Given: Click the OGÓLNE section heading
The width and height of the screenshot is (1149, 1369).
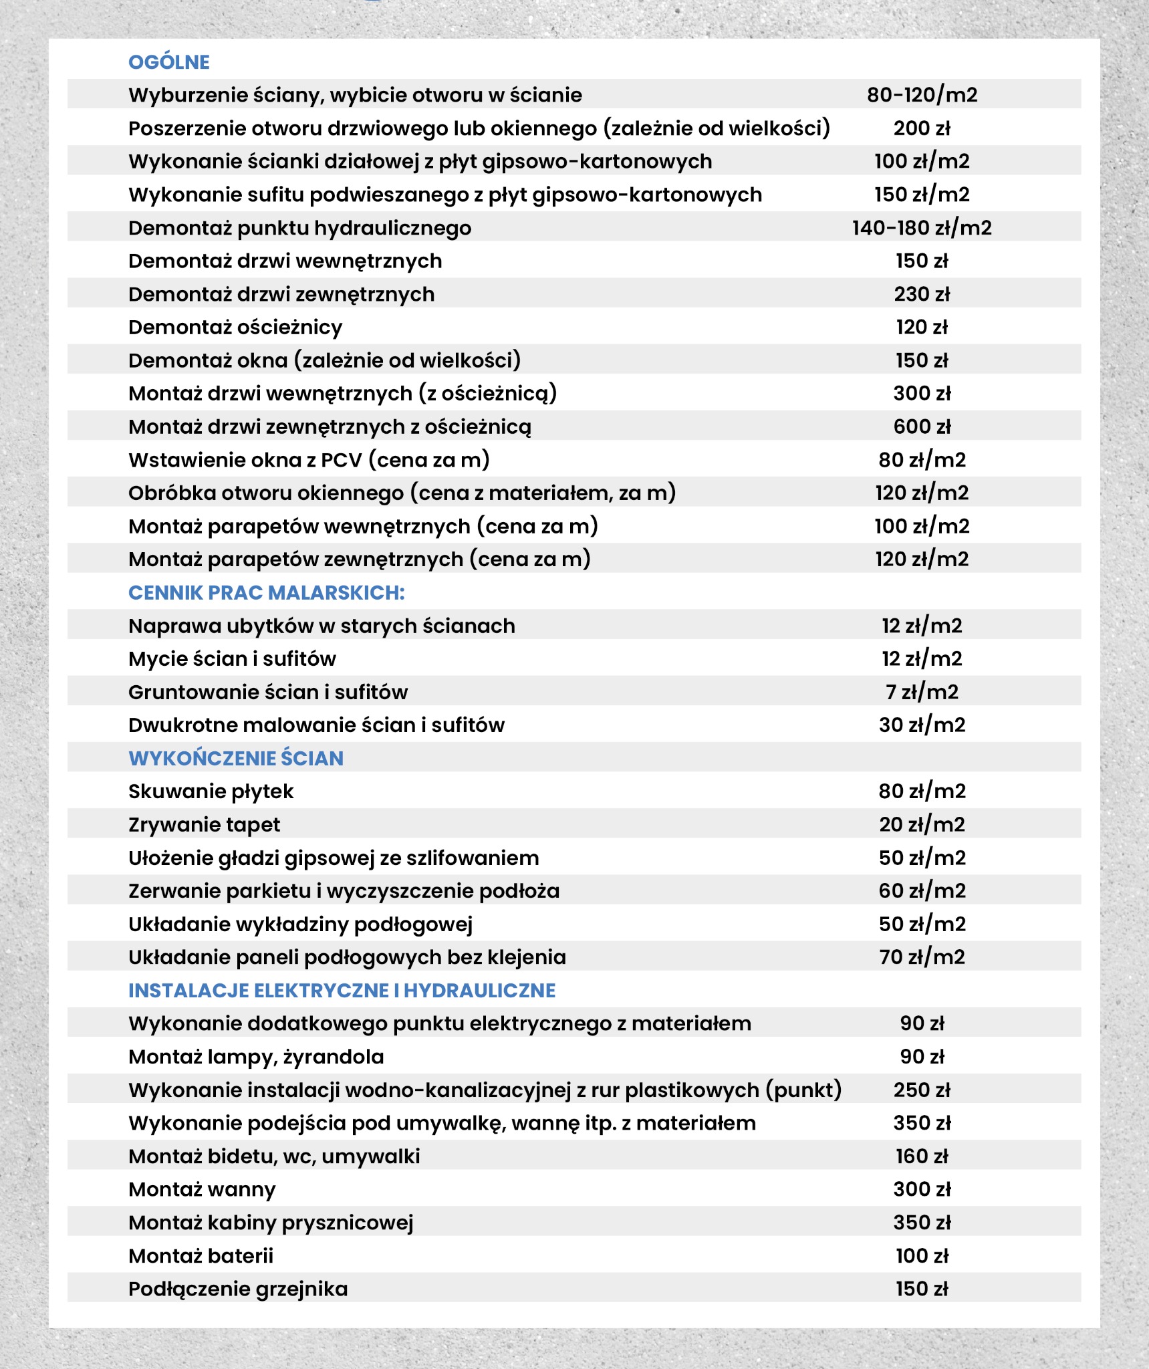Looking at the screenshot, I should [x=168, y=62].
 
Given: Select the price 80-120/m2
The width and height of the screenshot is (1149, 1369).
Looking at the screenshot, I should [x=922, y=95].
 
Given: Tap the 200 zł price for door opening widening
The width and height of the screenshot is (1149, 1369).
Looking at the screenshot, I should [x=922, y=128].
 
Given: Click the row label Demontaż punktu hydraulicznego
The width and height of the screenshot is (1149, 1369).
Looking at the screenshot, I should [x=299, y=228].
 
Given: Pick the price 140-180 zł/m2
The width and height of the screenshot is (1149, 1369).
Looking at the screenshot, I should [x=922, y=228].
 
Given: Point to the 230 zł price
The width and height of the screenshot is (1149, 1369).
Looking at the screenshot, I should [x=922, y=294].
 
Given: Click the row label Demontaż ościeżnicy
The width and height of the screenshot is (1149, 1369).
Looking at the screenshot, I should [x=235, y=328].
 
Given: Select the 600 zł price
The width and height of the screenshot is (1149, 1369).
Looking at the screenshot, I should [x=922, y=426].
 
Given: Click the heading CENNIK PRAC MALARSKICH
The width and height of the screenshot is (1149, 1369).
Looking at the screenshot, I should [x=266, y=593].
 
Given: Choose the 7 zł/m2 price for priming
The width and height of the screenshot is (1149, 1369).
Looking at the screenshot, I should [x=922, y=692].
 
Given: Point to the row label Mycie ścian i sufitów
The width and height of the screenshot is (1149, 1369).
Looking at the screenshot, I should [x=232, y=659].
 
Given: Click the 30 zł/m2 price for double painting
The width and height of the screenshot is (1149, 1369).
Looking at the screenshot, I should [x=922, y=725].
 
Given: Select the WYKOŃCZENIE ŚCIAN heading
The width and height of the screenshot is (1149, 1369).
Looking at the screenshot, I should [x=236, y=759].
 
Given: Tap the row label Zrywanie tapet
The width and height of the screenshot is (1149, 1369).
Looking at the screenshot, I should [x=204, y=825].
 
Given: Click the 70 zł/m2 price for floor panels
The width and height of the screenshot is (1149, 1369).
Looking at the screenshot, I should [x=922, y=957].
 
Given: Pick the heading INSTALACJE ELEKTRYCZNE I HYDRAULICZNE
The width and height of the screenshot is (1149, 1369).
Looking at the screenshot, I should [x=342, y=991].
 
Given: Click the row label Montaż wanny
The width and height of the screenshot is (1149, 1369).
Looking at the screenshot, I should [x=202, y=1190].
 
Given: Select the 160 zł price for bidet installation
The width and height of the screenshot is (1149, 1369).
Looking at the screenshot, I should [x=922, y=1156].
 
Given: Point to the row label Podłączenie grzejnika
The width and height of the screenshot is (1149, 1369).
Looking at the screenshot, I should [x=238, y=1289].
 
